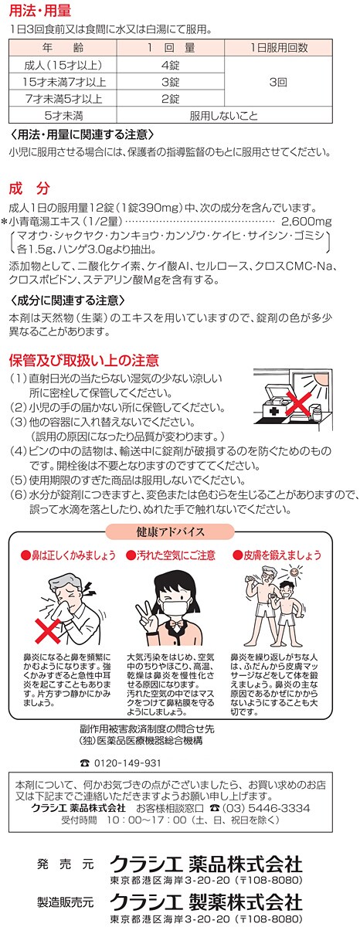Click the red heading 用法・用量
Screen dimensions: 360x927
[x=39, y=11]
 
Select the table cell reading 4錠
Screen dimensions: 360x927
[x=171, y=65]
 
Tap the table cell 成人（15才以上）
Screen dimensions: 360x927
[x=63, y=65]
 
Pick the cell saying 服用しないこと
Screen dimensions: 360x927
[x=224, y=115]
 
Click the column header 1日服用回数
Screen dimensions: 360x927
[x=278, y=48]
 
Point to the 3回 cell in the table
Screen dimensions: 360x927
[x=278, y=82]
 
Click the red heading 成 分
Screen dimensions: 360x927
[x=29, y=188]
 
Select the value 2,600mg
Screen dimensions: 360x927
[x=307, y=222]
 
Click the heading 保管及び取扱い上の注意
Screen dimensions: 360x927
[x=84, y=360]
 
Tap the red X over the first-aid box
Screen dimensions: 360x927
[x=299, y=404]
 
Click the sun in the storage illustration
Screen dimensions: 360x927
[x=320, y=384]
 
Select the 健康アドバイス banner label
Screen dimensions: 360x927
[x=171, y=531]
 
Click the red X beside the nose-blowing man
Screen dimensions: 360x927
[x=48, y=630]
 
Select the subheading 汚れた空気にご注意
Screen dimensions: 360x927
[x=172, y=555]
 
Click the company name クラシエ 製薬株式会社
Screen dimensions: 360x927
[x=206, y=901]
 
